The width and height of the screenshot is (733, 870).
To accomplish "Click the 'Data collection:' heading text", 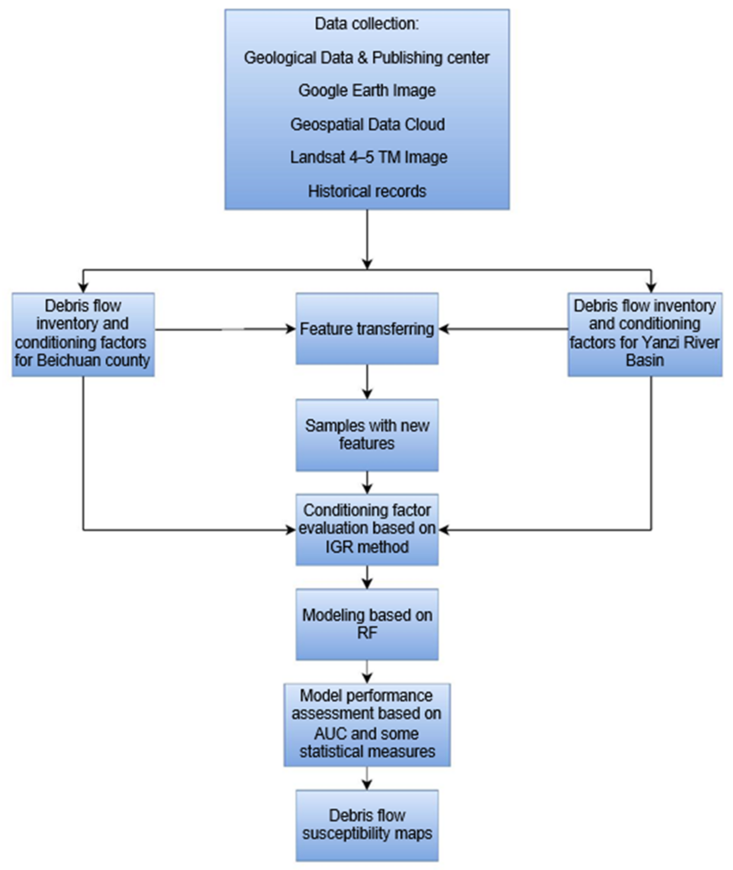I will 367,24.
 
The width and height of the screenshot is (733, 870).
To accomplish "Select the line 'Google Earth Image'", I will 367,91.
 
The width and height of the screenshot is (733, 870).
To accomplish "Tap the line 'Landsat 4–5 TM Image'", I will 368,157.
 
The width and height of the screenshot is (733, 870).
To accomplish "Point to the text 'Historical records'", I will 367,191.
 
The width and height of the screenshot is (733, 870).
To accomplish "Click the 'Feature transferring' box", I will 367,329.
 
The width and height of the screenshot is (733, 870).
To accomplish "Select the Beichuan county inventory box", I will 83,334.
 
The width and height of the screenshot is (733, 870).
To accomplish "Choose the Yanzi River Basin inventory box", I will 645,334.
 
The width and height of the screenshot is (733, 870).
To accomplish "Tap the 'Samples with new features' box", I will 367,435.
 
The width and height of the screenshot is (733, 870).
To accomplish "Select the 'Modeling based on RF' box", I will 367,624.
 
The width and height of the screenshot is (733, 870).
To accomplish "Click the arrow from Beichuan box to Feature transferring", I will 224,330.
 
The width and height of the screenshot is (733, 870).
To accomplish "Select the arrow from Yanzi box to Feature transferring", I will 503,329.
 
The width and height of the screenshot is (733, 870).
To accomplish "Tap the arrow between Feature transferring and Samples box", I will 367,382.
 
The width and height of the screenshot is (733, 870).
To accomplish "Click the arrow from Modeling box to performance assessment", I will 367,672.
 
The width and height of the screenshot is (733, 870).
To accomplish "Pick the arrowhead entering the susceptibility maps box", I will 367,785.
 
